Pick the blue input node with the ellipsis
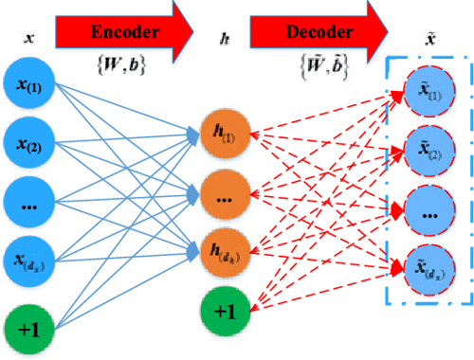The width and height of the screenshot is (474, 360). coord(34,202)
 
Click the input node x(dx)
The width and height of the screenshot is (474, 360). coord(34,260)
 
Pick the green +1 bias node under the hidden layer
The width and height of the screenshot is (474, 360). coord(226,311)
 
